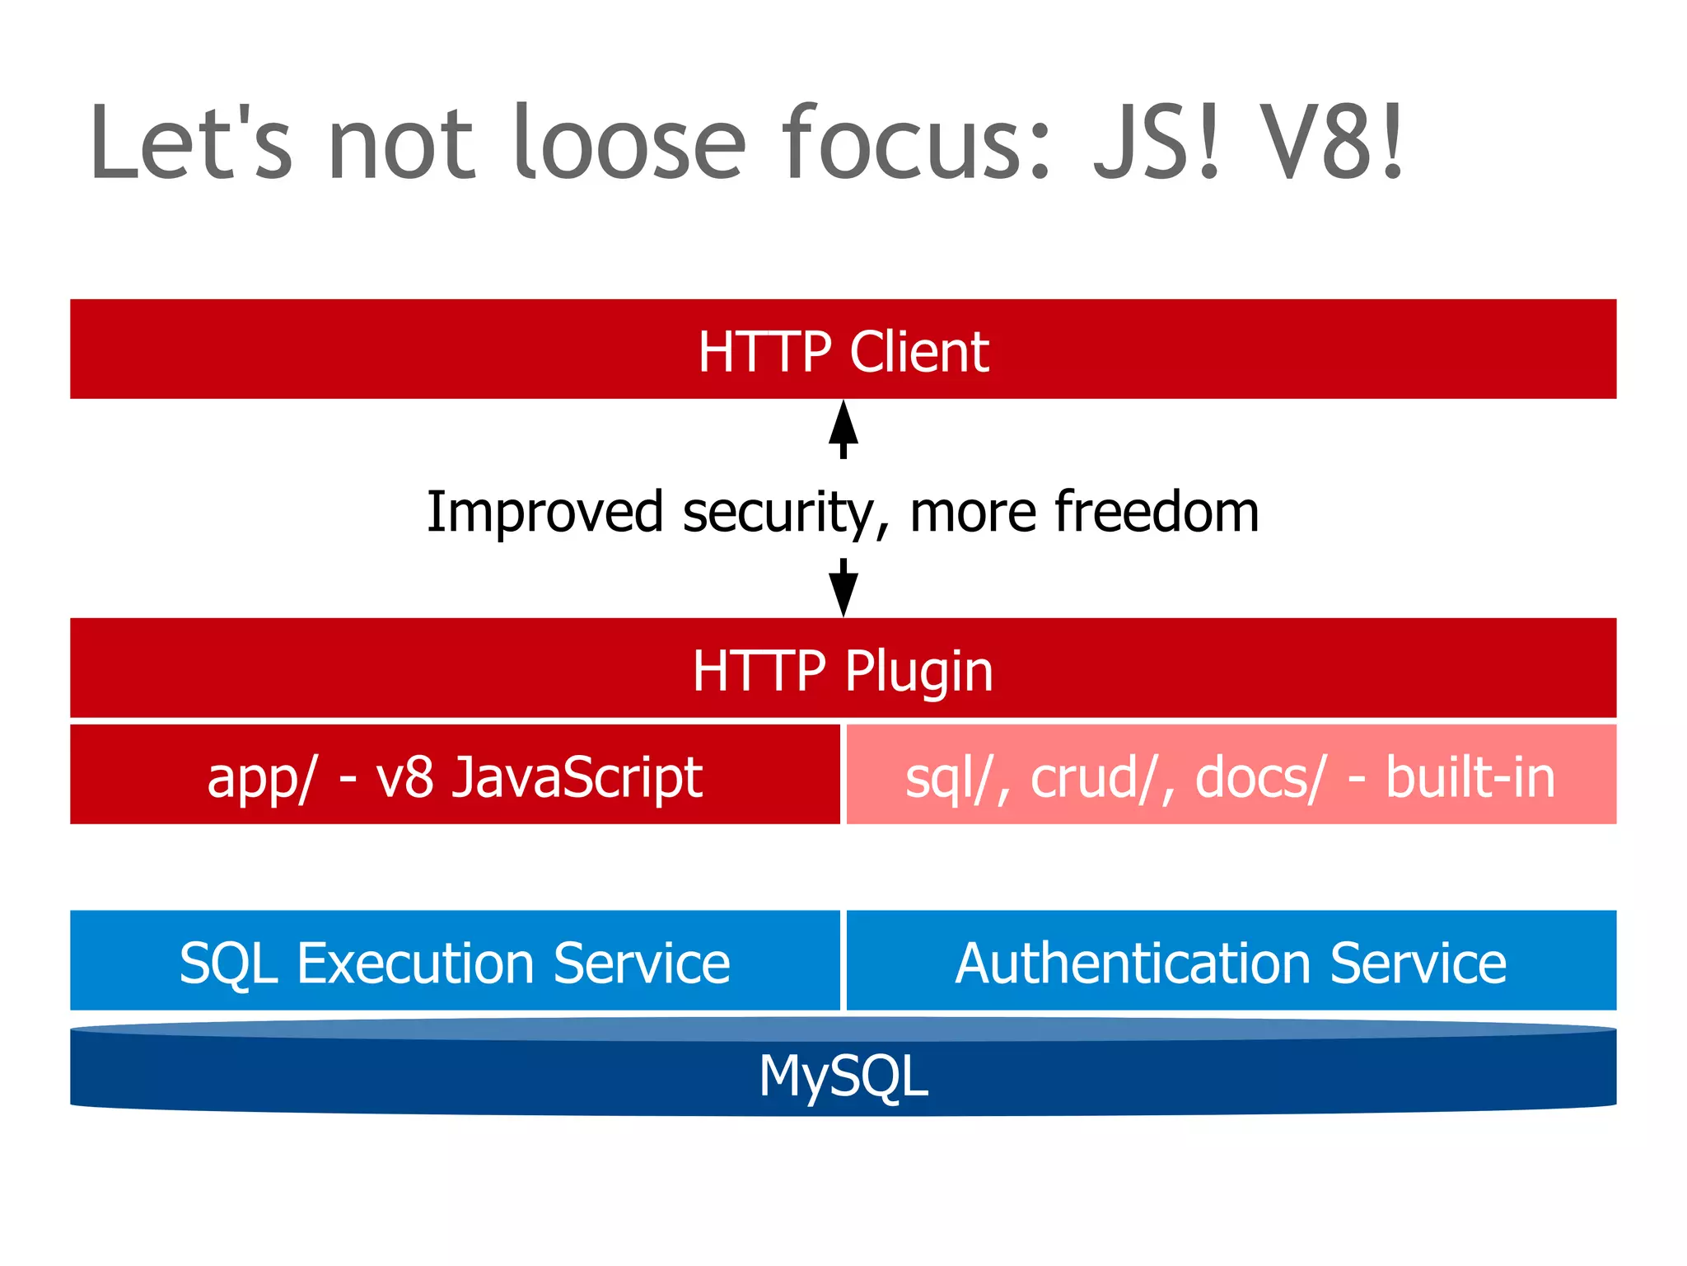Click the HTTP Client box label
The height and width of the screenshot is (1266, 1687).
[x=843, y=352]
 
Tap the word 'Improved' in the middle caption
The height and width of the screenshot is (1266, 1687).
[x=544, y=513]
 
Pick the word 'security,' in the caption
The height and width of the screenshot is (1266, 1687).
[x=787, y=513]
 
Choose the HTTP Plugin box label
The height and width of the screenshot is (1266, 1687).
[x=843, y=670]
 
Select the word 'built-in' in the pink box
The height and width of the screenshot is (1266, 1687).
[x=1470, y=776]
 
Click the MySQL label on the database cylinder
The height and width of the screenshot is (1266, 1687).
[x=843, y=1076]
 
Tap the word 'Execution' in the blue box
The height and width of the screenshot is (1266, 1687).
[x=415, y=963]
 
